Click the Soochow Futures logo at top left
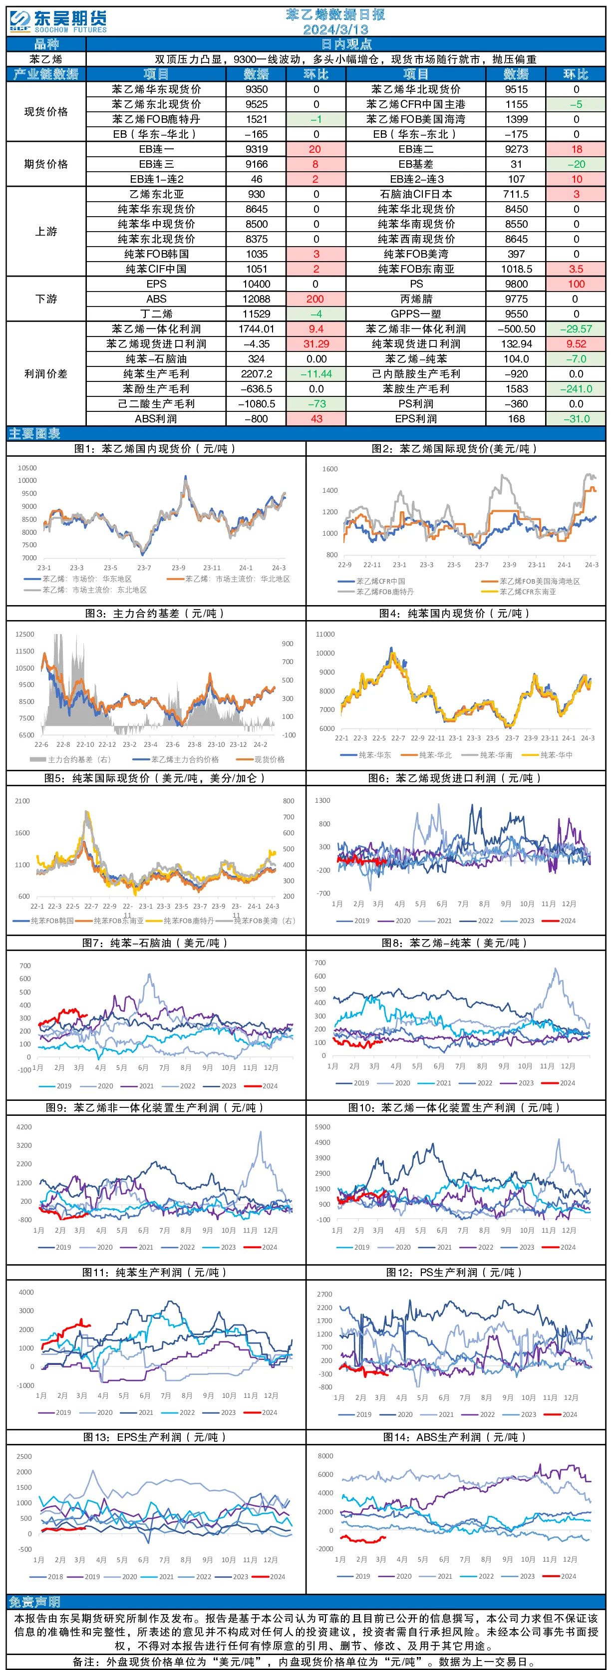[58, 21]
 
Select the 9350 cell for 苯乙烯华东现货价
[257, 89]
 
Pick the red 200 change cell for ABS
[315, 299]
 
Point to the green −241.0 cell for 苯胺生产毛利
[576, 389]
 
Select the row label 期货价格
[46, 165]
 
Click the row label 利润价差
[46, 374]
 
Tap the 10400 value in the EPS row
[257, 284]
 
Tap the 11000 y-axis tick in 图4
[325, 634]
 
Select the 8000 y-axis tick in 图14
[325, 1456]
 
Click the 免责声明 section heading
[34, 1601]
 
